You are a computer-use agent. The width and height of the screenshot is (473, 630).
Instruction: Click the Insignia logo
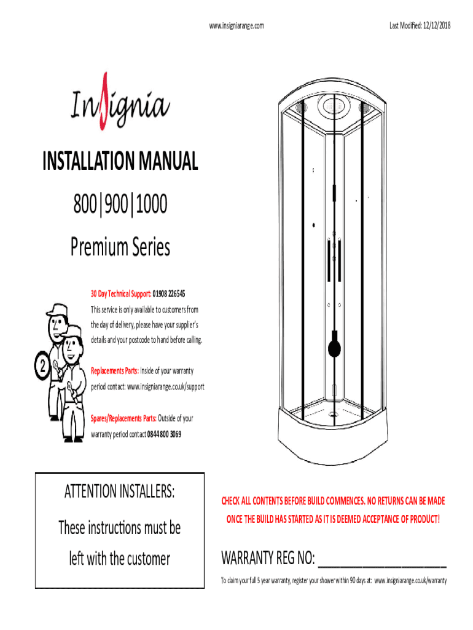pos(120,103)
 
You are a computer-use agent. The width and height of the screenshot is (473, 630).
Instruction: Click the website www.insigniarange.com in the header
pos(237,26)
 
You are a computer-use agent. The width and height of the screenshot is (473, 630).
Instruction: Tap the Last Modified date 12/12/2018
pos(437,25)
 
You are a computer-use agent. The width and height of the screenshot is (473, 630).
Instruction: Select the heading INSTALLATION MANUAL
pos(120,161)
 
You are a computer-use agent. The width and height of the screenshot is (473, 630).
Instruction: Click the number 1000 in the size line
pos(151,204)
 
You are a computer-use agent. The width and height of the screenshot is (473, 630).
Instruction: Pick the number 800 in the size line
pos(85,204)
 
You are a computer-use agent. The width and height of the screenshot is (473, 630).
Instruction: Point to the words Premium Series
pos(120,246)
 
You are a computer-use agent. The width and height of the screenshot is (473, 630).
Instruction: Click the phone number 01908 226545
pos(169,293)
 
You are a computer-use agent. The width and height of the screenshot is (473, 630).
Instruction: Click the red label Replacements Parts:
pos(115,370)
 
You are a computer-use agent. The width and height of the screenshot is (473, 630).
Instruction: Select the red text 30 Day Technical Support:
pos(121,293)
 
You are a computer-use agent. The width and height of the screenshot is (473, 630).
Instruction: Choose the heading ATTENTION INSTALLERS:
pos(120,491)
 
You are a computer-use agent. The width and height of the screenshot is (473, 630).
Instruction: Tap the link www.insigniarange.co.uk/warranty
pos(410,581)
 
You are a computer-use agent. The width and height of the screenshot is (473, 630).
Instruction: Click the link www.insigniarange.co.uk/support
pos(166,386)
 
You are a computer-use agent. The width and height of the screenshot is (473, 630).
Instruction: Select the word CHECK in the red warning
pos(231,501)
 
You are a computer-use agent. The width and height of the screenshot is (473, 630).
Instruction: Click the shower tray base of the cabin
pos(333,434)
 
